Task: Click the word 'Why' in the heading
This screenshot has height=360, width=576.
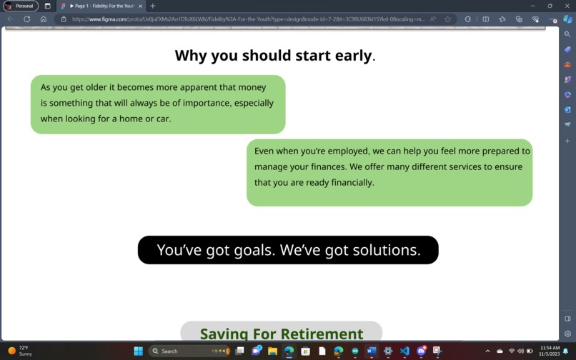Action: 190,56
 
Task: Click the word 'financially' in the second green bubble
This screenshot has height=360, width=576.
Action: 349,183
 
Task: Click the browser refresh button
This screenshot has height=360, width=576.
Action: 27,19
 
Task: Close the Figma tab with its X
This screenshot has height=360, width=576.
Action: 140,6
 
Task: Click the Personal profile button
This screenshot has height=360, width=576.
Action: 20,6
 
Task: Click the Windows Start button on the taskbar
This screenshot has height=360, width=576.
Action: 139,351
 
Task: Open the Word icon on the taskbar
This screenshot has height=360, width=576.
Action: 372,351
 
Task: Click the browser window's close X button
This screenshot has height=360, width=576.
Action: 567,6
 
